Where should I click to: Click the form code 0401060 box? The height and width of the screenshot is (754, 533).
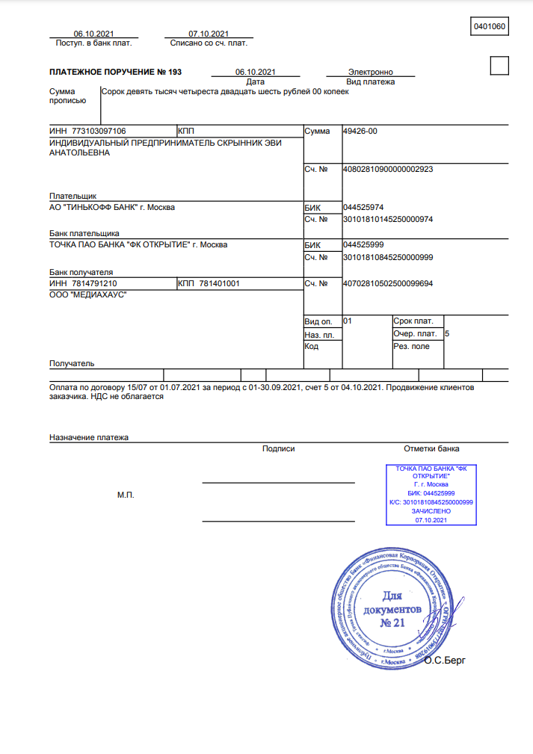[x=490, y=27]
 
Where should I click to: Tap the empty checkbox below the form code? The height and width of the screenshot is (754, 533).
[x=499, y=66]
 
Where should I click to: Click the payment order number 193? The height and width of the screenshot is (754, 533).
[x=175, y=72]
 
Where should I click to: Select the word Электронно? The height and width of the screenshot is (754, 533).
[x=370, y=72]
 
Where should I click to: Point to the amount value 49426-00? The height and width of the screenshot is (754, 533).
[x=360, y=131]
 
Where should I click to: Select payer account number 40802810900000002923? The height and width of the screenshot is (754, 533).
[x=387, y=170]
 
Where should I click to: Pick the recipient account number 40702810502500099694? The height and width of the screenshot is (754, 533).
[x=387, y=284]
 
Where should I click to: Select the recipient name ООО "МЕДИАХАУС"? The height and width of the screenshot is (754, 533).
[x=87, y=296]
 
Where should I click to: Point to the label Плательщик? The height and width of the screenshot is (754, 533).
[x=73, y=196]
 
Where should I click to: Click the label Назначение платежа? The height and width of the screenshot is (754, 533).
[x=89, y=437]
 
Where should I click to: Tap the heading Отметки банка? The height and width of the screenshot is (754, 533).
[x=431, y=449]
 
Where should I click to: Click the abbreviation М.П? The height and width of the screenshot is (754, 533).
[x=126, y=495]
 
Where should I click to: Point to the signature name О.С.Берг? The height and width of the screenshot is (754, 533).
[x=444, y=661]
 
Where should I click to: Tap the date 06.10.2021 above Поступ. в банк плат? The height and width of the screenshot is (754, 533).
[x=93, y=34]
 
